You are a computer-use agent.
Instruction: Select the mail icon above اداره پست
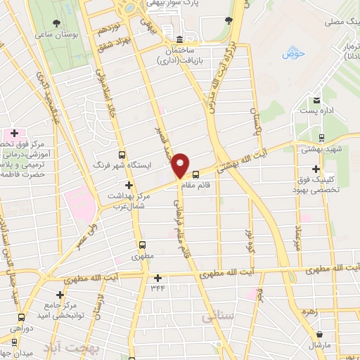(x=317, y=99)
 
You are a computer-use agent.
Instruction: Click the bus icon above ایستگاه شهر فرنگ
(x=122, y=155)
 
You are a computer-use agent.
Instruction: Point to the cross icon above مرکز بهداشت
(x=128, y=184)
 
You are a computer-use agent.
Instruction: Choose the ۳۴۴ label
(x=157, y=288)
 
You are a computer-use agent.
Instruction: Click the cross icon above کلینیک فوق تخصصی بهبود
(x=316, y=169)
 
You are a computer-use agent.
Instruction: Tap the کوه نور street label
(x=250, y=241)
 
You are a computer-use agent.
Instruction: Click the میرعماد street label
(x=298, y=239)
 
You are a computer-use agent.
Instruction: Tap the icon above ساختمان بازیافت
(x=180, y=39)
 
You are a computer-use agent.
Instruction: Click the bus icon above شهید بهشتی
(x=321, y=138)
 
